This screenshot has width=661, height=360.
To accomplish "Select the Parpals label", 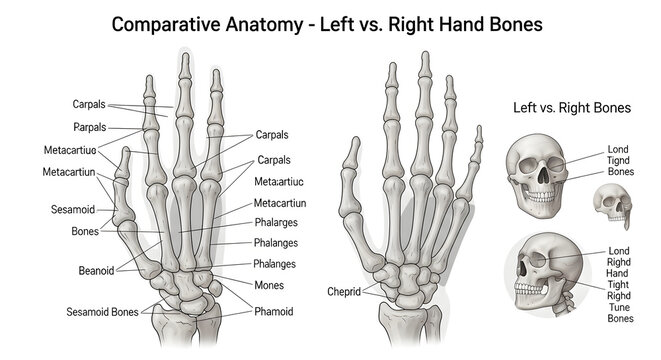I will point(91,128).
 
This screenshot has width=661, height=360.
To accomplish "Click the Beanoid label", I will point(97,270).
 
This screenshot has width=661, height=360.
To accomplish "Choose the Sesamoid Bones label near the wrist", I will point(103,311).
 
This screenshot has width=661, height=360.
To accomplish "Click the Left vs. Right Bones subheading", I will point(572,107).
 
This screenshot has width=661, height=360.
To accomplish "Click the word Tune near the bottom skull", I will point(620,306).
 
